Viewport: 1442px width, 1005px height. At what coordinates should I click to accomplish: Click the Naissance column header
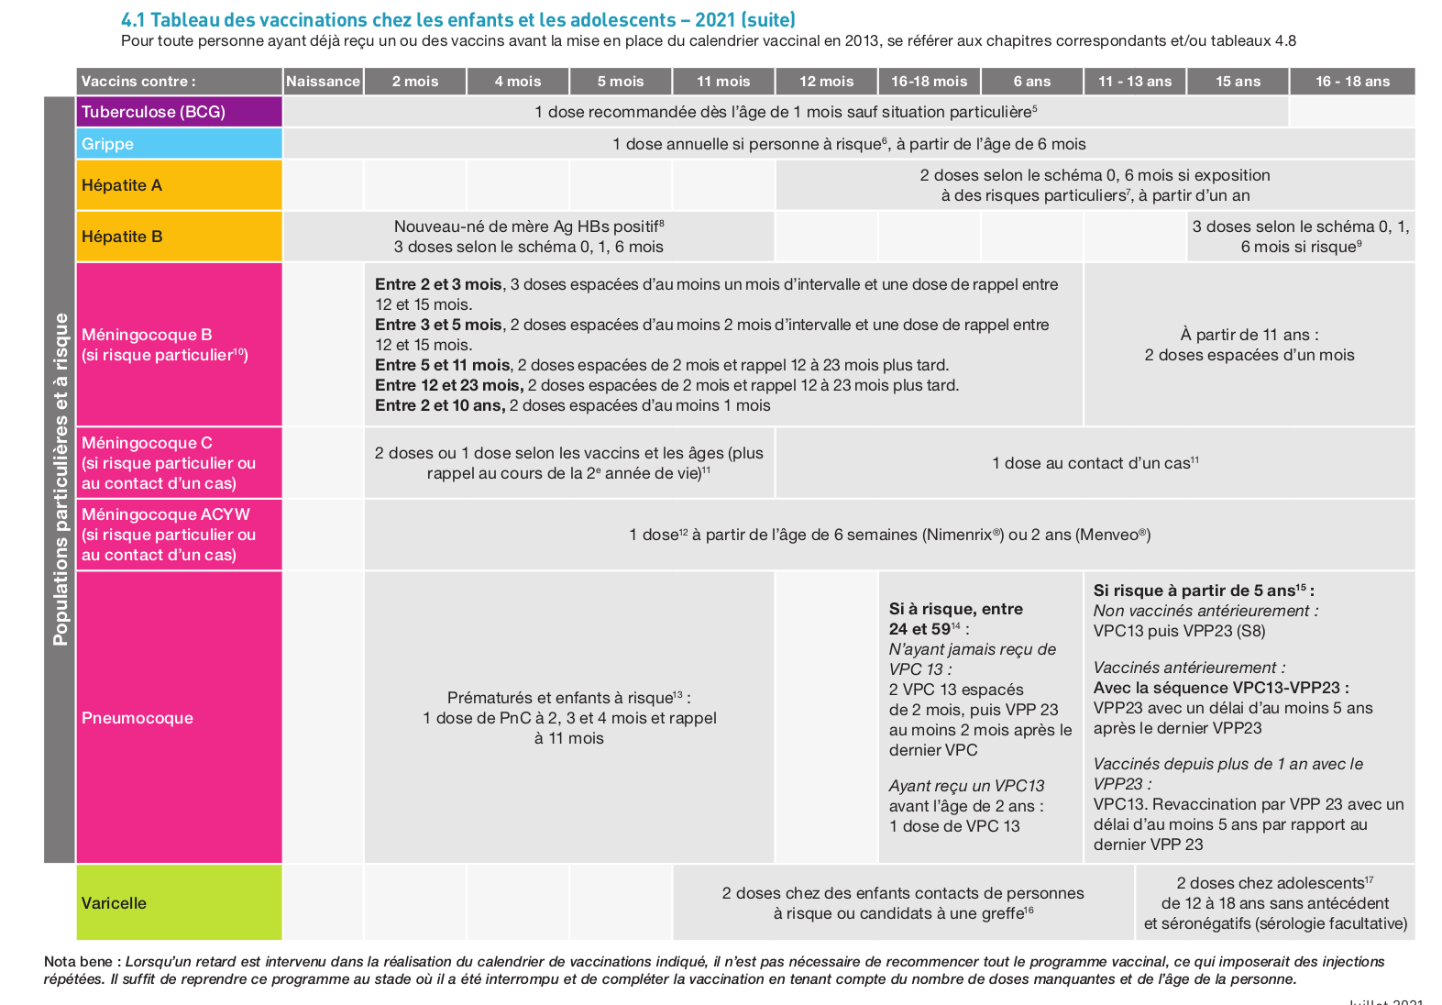pyautogui.click(x=323, y=82)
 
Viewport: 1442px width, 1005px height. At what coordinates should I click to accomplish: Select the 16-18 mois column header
pyautogui.click(x=929, y=82)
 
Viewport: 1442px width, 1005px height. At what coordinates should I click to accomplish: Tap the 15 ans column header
pyautogui.click(x=1238, y=82)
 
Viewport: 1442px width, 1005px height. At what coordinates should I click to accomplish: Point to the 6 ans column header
pyautogui.click(x=1031, y=82)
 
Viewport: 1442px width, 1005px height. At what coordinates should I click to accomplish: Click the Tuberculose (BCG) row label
pyautogui.click(x=179, y=112)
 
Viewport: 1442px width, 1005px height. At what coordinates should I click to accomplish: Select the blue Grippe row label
pyautogui.click(x=179, y=144)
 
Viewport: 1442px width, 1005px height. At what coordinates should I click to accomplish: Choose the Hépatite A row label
pyautogui.click(x=179, y=185)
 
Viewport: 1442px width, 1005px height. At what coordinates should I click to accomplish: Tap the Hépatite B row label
pyautogui.click(x=179, y=237)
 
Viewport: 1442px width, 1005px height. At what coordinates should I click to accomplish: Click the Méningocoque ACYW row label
pyautogui.click(x=179, y=535)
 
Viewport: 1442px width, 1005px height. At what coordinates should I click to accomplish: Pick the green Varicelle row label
pyautogui.click(x=179, y=903)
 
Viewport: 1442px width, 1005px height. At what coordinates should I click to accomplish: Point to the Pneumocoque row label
pyautogui.click(x=179, y=718)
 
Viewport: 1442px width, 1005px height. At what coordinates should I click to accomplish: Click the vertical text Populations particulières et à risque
pyautogui.click(x=61, y=479)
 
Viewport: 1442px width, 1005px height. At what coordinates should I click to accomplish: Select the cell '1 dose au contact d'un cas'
pyautogui.click(x=1095, y=464)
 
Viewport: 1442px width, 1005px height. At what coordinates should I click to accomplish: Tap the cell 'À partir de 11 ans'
pyautogui.click(x=1249, y=345)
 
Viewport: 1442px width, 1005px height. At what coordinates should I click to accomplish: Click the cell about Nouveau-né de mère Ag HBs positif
pyautogui.click(x=529, y=237)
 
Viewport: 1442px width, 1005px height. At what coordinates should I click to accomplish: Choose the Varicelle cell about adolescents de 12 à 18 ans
pyautogui.click(x=1275, y=903)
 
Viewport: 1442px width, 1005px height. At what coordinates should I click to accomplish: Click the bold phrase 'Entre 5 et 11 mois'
pyautogui.click(x=443, y=365)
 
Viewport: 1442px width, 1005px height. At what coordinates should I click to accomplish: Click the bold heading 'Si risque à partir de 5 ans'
pyautogui.click(x=1203, y=591)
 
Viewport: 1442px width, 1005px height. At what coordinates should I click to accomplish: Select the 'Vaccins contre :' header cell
pyautogui.click(x=179, y=82)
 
